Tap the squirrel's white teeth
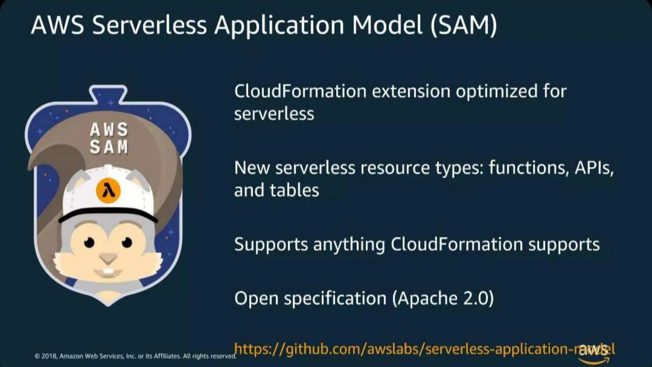pyautogui.click(x=109, y=271)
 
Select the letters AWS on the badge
pyautogui.click(x=109, y=130)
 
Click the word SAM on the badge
pyautogui.click(x=109, y=147)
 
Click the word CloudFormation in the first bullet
pyautogui.click(x=300, y=91)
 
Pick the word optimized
pyautogui.click(x=497, y=92)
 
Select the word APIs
pyautogui.click(x=594, y=168)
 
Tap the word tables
pyautogui.click(x=294, y=190)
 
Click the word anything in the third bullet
pyautogui.click(x=349, y=245)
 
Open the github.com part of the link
pyautogui.click(x=325, y=349)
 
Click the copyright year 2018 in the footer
pyautogui.click(x=49, y=356)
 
